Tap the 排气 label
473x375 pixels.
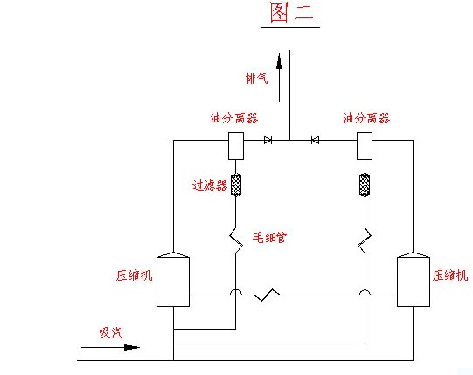[256, 79]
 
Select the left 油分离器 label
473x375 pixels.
[234, 118]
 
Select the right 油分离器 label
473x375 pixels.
[366, 118]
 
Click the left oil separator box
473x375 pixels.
[236, 146]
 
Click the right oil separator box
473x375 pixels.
[365, 146]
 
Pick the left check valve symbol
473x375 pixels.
[268, 140]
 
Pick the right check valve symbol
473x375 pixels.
[316, 140]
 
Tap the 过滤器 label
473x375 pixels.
[210, 185]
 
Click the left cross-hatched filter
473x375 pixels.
[236, 184]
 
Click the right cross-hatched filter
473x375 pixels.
[365, 184]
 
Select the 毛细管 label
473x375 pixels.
[269, 238]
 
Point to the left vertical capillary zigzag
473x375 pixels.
[236, 240]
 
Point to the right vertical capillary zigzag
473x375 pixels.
[365, 240]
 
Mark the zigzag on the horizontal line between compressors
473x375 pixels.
[266, 295]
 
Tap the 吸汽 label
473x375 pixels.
[111, 333]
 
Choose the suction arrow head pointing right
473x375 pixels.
[132, 348]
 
